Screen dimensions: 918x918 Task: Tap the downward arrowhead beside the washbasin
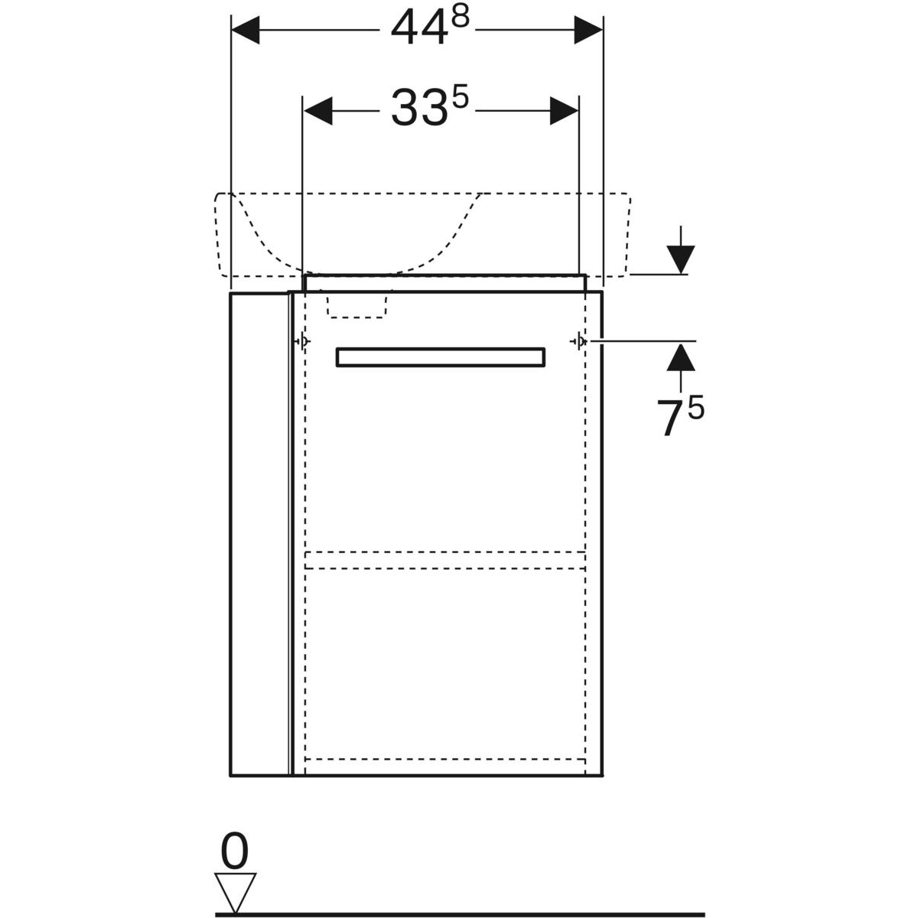click(x=680, y=259)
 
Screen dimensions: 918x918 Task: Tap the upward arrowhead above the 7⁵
click(x=680, y=356)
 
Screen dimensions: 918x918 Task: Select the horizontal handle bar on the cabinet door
click(x=441, y=357)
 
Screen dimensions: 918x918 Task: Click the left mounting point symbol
click(x=303, y=341)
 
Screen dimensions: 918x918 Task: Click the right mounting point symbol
click(x=579, y=341)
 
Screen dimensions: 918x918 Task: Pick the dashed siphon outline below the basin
click(x=358, y=304)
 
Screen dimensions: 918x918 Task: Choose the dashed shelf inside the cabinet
click(x=445, y=560)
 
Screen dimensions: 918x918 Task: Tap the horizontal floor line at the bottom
click(x=459, y=913)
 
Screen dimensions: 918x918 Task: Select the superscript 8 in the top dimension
click(x=460, y=18)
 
